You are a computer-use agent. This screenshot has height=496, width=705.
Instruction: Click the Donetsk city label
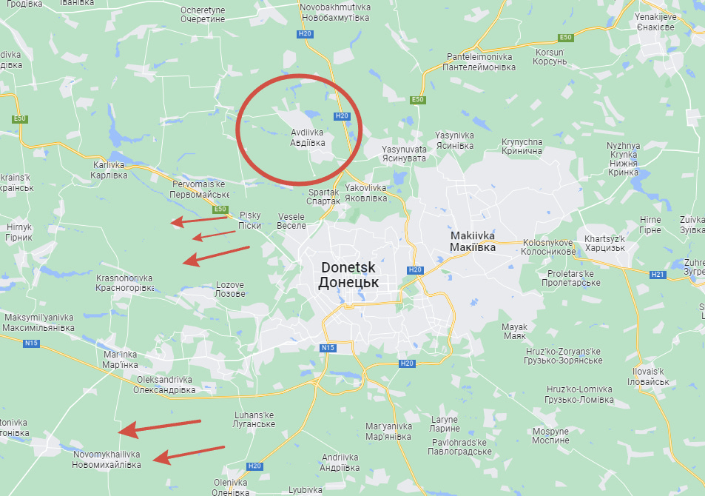tap(348, 275)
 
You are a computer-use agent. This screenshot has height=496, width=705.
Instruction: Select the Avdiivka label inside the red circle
tap(307, 138)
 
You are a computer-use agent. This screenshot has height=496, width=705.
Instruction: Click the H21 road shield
tap(658, 274)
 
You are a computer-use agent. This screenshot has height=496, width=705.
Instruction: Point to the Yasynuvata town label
tap(404, 154)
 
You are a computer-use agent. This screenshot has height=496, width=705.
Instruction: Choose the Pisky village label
tap(250, 220)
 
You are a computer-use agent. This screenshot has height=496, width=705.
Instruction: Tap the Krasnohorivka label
tap(125, 282)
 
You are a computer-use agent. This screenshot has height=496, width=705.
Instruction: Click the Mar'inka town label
tap(121, 360)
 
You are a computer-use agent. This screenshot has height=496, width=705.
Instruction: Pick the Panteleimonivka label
tap(479, 61)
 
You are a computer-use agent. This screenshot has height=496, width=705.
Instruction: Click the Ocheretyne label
tap(202, 15)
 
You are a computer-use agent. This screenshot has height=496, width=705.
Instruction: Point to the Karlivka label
tap(109, 170)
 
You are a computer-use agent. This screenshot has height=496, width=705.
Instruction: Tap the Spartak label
tap(323, 197)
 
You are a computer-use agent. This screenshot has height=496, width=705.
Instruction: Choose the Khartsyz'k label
tap(604, 243)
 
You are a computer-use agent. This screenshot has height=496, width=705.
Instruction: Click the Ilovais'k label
tap(648, 375)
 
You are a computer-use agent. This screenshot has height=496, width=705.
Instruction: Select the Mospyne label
tap(550, 435)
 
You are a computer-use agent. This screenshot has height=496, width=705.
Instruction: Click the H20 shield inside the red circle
tap(341, 116)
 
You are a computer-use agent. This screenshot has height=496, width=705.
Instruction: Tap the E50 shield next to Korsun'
tap(566, 38)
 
